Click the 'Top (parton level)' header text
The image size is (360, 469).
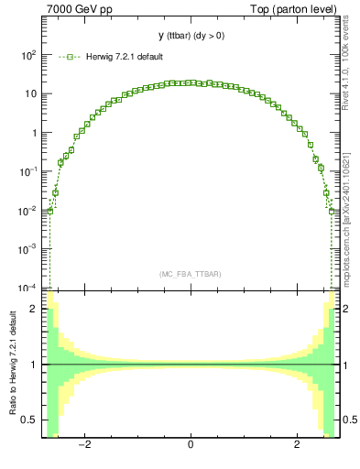[x=292, y=9]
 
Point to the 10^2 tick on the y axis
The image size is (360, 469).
[x=27, y=55]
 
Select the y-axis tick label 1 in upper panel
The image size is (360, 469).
[x=34, y=133]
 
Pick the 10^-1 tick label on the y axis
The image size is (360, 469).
[x=27, y=171]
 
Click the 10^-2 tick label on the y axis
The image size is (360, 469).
[x=27, y=210]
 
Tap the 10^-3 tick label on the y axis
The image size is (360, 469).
[x=27, y=249]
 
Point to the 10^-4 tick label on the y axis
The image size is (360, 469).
[x=27, y=288]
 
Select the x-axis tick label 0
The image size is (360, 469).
[x=190, y=446]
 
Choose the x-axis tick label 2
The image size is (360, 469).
[x=297, y=446]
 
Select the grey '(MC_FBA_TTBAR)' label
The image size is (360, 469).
[x=190, y=274]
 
